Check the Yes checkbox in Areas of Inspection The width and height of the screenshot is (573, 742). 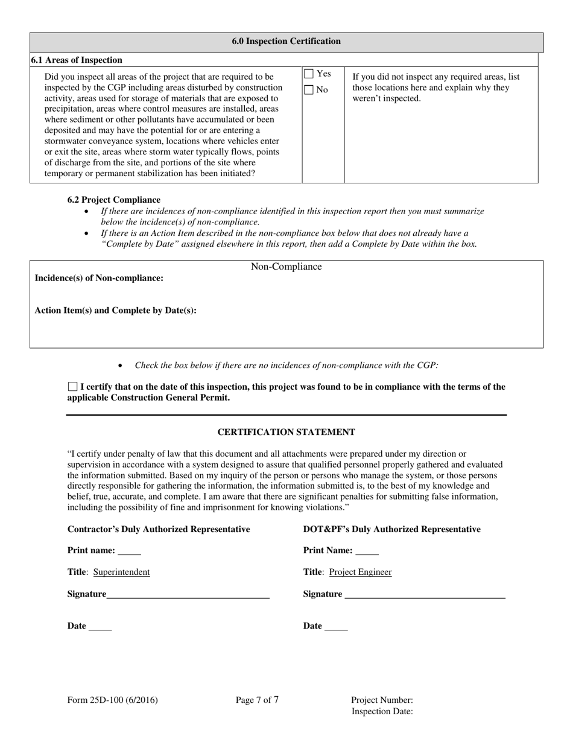coord(309,74)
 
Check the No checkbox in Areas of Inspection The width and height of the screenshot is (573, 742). coord(309,90)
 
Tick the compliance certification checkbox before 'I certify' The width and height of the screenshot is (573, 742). coord(73,387)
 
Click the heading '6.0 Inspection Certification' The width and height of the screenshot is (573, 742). coord(286,42)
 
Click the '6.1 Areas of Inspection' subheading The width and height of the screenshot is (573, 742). coord(77,60)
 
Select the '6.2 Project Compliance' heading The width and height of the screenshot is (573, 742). coord(114,200)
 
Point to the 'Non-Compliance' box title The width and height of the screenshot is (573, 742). coord(286,267)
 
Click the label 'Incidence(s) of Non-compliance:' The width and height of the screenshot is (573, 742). coord(99,278)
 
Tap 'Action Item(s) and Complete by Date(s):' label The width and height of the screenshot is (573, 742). coord(115,311)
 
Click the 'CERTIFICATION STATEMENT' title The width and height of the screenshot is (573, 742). coord(286,433)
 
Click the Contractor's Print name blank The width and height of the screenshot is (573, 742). coord(129,551)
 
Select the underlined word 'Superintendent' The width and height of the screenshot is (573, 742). coord(121,572)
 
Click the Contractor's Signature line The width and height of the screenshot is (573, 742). coord(188,595)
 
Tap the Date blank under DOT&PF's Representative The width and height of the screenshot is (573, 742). coord(336,627)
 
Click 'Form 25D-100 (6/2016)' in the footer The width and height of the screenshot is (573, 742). coord(113,700)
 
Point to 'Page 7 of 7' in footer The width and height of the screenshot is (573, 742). coord(257,700)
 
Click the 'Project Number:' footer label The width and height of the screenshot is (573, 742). coord(382,700)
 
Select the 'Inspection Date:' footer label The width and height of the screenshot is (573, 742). coord(382,712)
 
